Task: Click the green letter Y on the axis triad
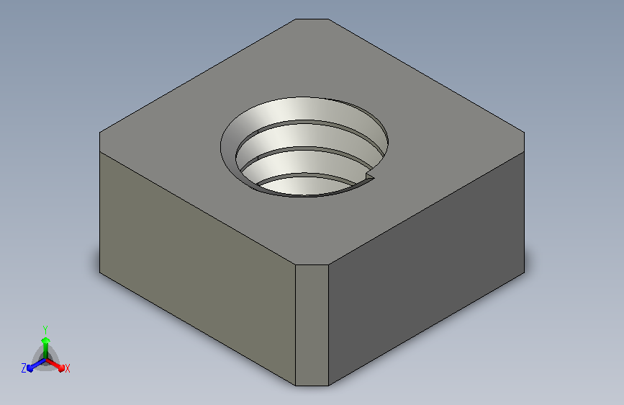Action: coord(45,330)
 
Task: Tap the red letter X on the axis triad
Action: coord(67,369)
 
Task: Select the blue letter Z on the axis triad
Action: coord(24,368)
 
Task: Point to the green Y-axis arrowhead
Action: coord(46,340)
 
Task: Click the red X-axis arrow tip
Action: coord(61,368)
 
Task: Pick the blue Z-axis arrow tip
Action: coord(30,368)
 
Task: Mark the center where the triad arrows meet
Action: coord(46,360)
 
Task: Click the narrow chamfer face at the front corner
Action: coord(312,325)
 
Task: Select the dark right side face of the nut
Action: coord(426,269)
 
